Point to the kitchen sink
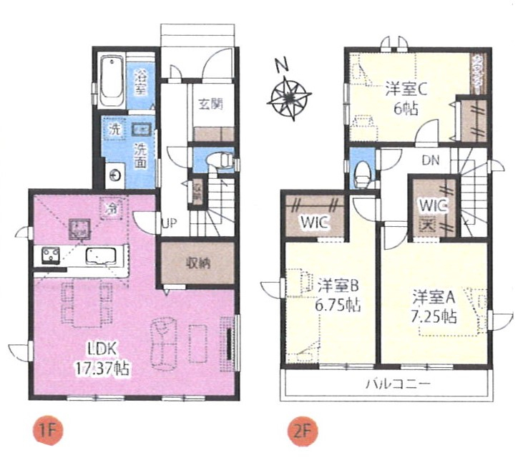[x=97, y=255]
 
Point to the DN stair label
[x=430, y=160]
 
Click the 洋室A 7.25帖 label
[x=434, y=306]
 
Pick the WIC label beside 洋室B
[x=313, y=222]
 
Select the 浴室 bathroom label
[x=140, y=80]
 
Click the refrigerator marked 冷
[x=111, y=208]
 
